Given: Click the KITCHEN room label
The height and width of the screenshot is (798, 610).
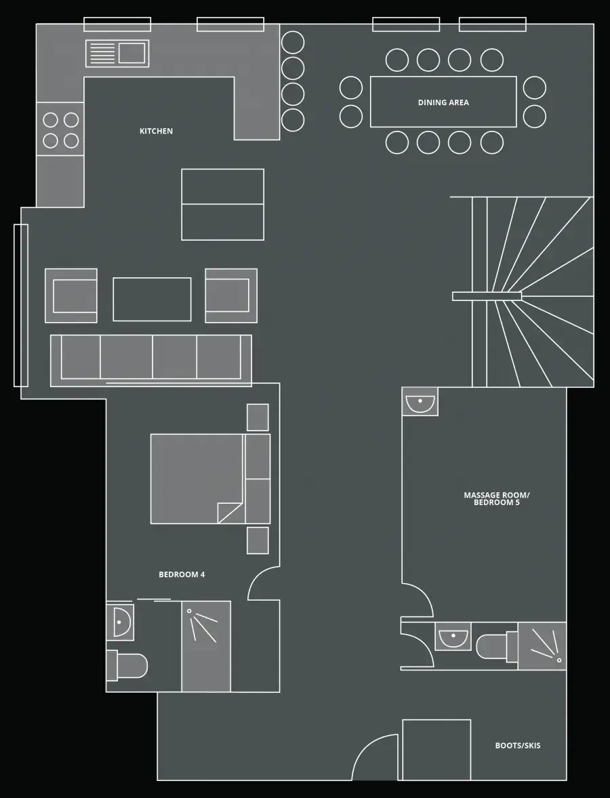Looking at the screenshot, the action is coord(156,132).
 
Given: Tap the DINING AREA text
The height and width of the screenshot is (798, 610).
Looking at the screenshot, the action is coord(443,102).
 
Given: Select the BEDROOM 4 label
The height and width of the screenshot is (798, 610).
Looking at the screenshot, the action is coord(182,574).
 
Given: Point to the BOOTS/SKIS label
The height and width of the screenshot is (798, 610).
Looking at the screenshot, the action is coord(518,746).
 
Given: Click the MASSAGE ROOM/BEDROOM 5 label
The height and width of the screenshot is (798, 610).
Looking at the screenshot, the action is coord(497,499).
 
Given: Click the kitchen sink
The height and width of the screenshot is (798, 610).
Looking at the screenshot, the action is coord(117,54).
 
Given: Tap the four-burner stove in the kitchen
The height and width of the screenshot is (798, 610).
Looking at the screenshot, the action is coord(60,129).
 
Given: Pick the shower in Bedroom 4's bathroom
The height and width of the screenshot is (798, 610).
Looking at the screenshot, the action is coord(206,646).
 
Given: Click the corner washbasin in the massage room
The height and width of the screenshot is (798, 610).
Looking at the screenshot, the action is coord(420,401).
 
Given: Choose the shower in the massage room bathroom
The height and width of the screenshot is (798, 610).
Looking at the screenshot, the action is coord(542,646).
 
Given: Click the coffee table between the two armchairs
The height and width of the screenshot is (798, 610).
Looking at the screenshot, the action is coord(152,299).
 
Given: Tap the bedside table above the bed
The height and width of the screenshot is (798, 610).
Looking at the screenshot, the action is coord(258,418).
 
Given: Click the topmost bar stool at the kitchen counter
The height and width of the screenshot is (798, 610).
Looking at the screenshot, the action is coord(293,43).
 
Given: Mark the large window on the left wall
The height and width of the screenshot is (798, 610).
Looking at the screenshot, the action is coord(20,305).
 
